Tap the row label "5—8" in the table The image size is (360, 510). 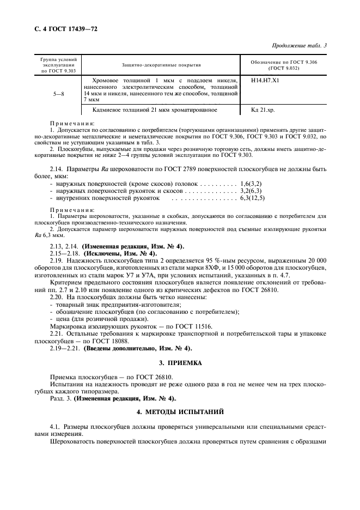click(58, 94)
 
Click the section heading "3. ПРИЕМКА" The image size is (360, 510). click(180, 362)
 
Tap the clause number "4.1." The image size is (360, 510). click(56, 424)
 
